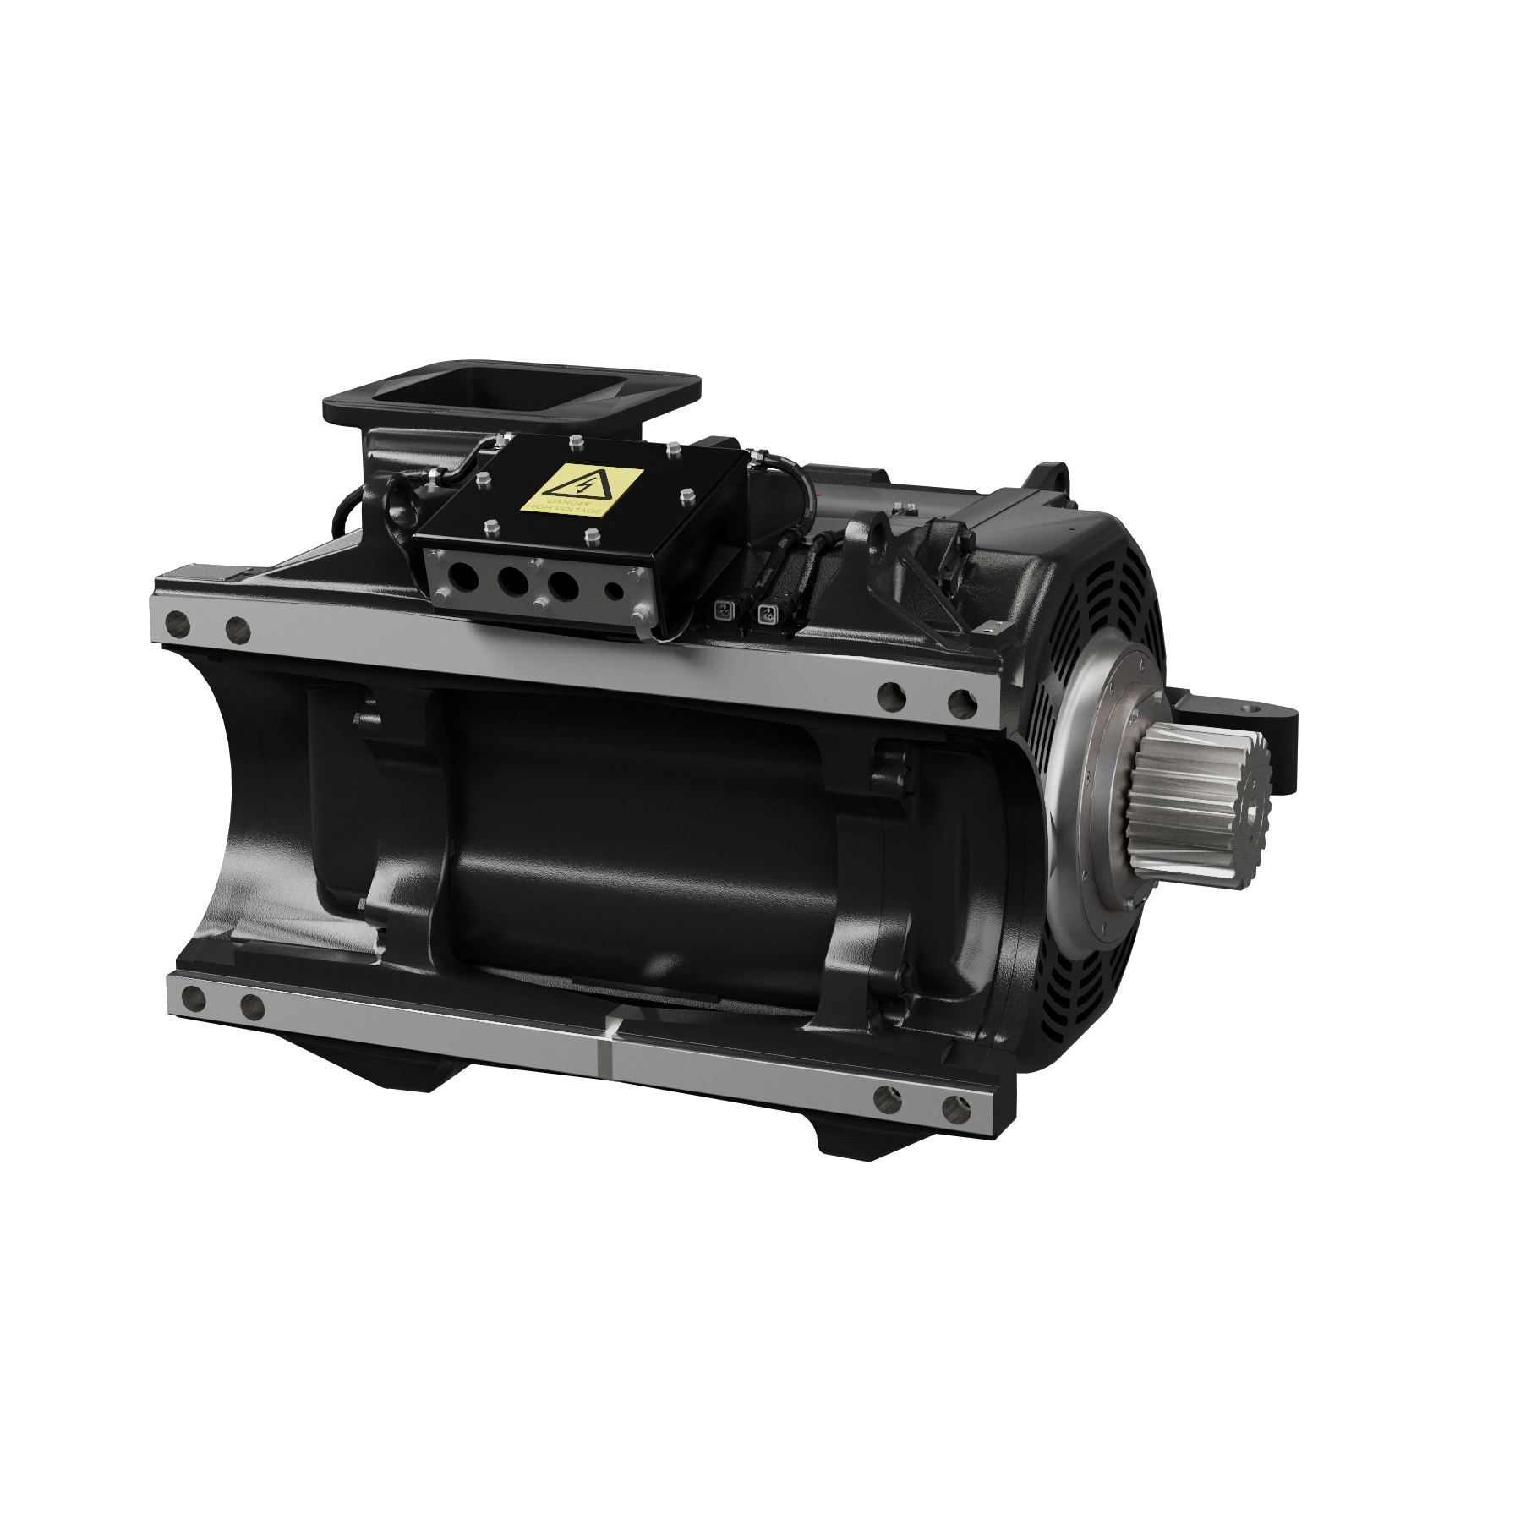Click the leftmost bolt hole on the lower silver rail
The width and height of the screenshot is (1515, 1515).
(192, 1000)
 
